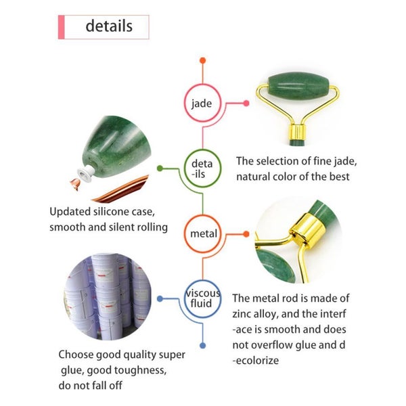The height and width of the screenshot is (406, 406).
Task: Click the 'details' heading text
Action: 109,26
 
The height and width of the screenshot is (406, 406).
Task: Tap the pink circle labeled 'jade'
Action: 203,103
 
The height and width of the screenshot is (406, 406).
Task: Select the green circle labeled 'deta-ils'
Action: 203,168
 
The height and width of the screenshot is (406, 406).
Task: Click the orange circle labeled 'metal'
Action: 203,234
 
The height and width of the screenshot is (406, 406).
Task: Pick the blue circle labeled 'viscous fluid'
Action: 203,299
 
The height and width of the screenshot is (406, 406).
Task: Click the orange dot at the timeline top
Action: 203,61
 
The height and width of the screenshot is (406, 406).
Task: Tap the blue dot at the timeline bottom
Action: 203,345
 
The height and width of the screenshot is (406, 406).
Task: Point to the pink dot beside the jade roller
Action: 246,104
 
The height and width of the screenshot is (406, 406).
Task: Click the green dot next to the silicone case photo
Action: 160,168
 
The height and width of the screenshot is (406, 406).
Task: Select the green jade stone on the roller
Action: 298,87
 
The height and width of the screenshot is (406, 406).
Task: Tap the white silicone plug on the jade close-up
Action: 87,173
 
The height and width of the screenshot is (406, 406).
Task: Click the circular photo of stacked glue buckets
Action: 108,296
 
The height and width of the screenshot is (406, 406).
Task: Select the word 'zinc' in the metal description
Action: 241,314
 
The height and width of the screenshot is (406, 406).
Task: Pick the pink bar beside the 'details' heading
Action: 61,27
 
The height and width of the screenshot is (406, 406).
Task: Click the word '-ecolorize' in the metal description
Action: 256,361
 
